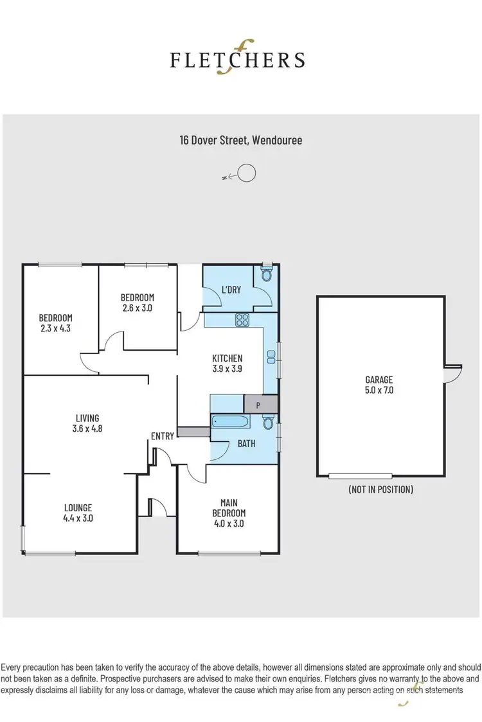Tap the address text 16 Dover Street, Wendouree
[x=240, y=139]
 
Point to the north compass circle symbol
[x=247, y=173]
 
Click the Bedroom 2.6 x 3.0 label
[x=138, y=302]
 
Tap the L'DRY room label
[x=231, y=290]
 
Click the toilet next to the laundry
[x=267, y=274]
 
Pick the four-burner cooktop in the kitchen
[x=242, y=319]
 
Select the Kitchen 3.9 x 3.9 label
[x=228, y=364]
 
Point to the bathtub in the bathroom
[x=230, y=422]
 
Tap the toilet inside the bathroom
[x=269, y=422]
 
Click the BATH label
[x=246, y=444]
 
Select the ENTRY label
[x=163, y=436]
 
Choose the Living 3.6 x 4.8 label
[x=86, y=424]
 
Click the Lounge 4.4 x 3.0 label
[x=78, y=513]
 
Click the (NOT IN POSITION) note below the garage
[x=380, y=489]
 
